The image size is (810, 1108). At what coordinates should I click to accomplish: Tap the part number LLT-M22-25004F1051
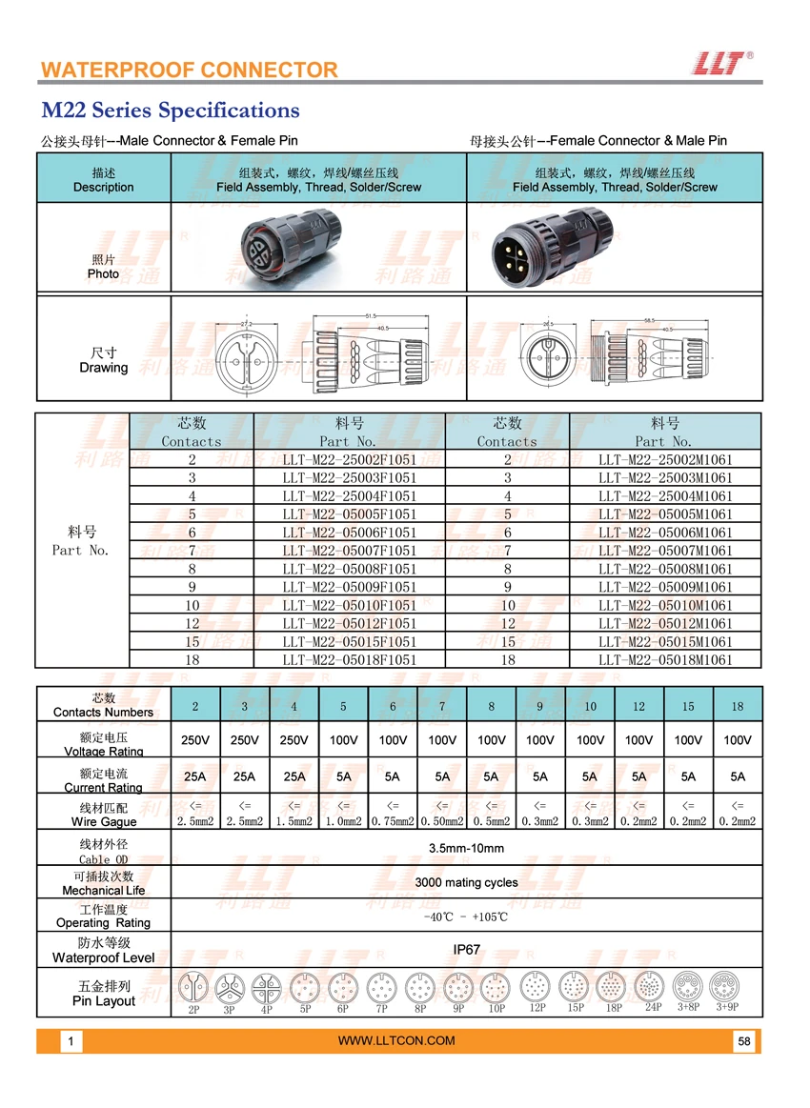pyautogui.click(x=350, y=496)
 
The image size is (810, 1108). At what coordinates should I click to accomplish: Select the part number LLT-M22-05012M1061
pyautogui.click(x=665, y=623)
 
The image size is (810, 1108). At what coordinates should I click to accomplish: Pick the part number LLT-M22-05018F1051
pyautogui.click(x=350, y=659)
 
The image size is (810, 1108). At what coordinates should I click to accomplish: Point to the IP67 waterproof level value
pyautogui.click(x=466, y=950)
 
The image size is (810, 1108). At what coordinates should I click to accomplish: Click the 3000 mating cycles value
pyautogui.click(x=466, y=882)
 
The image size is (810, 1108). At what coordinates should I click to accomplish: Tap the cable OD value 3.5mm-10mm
pyautogui.click(x=466, y=848)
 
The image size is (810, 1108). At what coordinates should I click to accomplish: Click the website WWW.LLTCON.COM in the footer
pyautogui.click(x=397, y=1040)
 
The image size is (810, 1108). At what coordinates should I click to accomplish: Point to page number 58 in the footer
pyautogui.click(x=744, y=1041)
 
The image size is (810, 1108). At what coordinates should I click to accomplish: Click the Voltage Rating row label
pyautogui.click(x=103, y=744)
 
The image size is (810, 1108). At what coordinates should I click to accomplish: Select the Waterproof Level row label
pyautogui.click(x=103, y=950)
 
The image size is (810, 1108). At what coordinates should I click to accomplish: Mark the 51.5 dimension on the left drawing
pyautogui.click(x=370, y=316)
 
